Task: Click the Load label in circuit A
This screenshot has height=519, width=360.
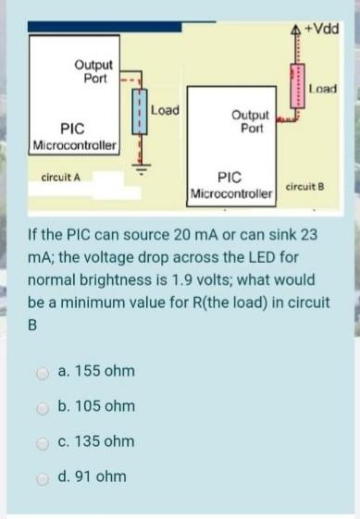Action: coord(164,109)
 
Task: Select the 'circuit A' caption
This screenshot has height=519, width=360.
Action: coord(61,175)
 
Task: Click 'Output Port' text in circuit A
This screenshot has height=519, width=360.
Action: coord(93,71)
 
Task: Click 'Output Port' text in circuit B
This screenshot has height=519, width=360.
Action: coord(251,120)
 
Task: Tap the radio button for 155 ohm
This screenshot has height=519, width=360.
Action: coord(43,372)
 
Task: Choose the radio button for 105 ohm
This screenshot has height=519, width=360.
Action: coord(43,407)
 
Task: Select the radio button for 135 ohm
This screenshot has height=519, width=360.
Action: coord(43,442)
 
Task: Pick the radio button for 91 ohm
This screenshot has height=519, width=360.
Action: coord(43,477)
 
